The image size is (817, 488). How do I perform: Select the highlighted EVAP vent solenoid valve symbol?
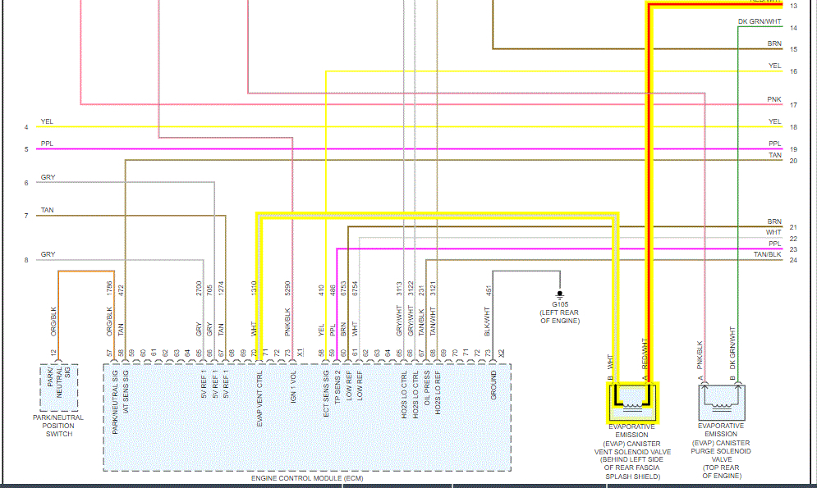point(633,400)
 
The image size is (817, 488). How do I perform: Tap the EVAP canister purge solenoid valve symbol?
point(720,401)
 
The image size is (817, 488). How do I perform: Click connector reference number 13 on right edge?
point(793,6)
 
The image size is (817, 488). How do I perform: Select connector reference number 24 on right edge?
point(793,261)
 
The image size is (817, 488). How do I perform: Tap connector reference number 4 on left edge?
point(26,127)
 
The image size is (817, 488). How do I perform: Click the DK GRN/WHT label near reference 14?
point(760,22)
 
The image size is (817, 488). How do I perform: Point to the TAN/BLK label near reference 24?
point(768,254)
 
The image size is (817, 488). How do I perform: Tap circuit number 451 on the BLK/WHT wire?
point(489,290)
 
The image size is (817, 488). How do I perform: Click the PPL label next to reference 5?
point(47,144)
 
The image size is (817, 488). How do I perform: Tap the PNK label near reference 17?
point(774,99)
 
